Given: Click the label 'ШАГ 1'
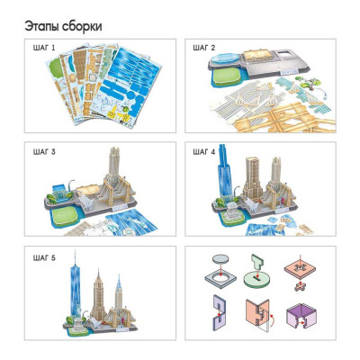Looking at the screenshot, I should point(42,47).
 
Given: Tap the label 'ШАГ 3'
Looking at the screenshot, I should point(42,152).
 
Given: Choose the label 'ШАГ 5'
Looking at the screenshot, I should point(42,258).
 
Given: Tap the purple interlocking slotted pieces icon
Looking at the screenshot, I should point(221,310).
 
